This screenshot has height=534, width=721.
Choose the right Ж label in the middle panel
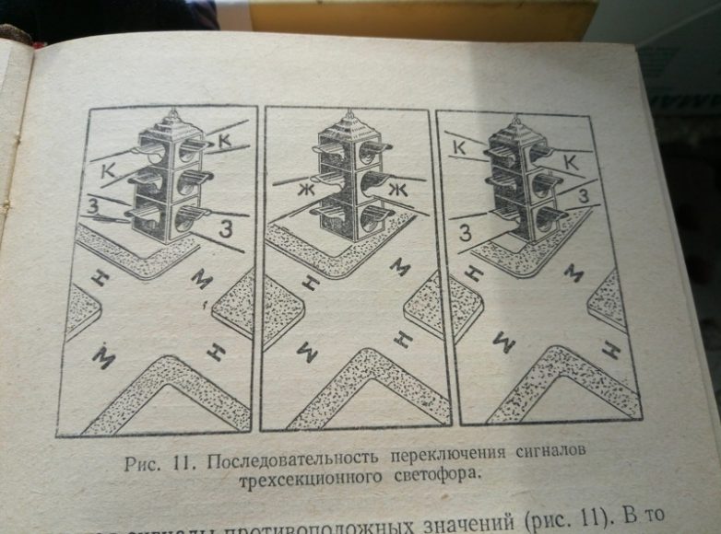click(x=398, y=191)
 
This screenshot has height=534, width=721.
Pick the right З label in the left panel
click(x=224, y=225)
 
